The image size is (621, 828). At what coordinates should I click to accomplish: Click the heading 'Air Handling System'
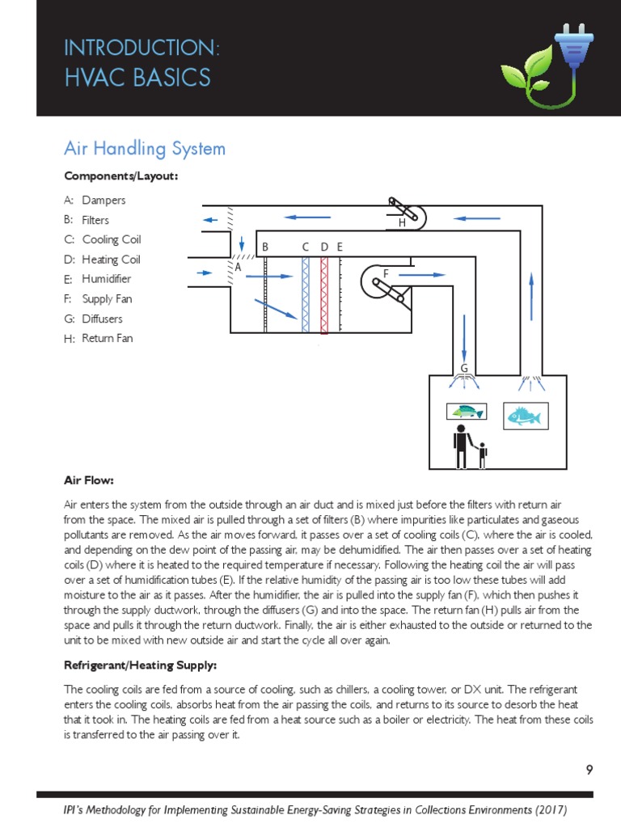[145, 149]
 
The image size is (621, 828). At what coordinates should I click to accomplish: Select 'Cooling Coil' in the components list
[112, 239]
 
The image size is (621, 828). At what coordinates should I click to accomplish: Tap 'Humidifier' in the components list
[107, 279]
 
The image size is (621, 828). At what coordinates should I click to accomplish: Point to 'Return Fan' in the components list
[108, 338]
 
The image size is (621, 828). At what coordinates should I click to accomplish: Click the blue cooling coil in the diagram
[306, 295]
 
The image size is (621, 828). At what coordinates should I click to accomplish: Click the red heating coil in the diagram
[324, 295]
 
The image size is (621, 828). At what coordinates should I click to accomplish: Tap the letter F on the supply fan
[386, 274]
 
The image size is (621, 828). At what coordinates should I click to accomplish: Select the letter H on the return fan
[402, 223]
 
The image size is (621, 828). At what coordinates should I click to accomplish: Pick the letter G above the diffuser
[464, 369]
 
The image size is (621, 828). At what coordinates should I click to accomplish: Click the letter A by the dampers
[238, 266]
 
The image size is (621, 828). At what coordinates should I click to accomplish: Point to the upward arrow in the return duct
[531, 295]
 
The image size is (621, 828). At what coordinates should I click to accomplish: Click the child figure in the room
[483, 456]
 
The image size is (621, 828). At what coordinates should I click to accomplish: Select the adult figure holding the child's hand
[461, 446]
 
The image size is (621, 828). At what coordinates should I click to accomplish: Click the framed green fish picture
[467, 412]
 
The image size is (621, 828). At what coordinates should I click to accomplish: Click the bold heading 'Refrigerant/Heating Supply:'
[140, 665]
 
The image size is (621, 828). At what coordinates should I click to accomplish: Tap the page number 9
[589, 769]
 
